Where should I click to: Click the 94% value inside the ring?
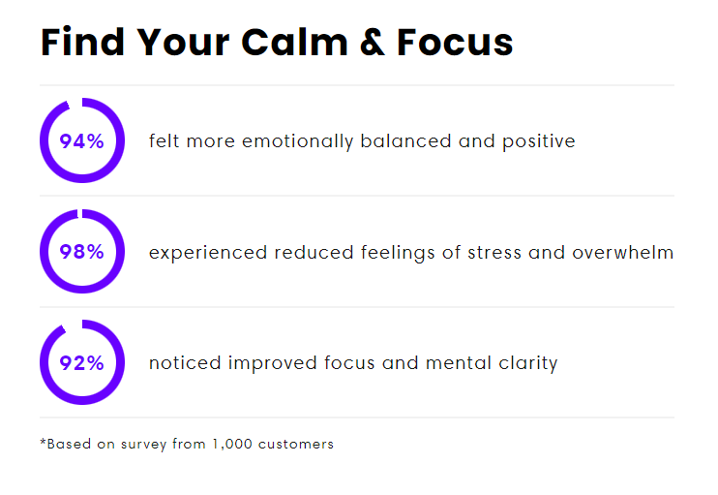pos(81,141)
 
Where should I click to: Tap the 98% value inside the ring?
pos(81,252)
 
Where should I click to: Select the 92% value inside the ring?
pos(81,363)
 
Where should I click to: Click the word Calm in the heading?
pos(294,43)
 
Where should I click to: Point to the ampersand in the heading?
pos(372,43)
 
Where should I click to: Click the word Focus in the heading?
pos(455,43)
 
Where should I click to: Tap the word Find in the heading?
pos(82,42)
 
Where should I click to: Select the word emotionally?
pos(298,141)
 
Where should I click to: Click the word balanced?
pos(405,140)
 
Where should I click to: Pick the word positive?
pos(538,141)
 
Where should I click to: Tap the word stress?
pos(494,253)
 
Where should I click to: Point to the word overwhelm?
pos(623,252)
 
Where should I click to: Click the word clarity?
pos(528,363)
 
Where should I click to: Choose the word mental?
pos(459,363)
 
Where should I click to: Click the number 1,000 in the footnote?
pos(232,444)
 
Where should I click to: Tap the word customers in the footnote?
pos(296,444)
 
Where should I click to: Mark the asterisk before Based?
pos(43,442)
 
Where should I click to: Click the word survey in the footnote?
pos(143,445)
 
